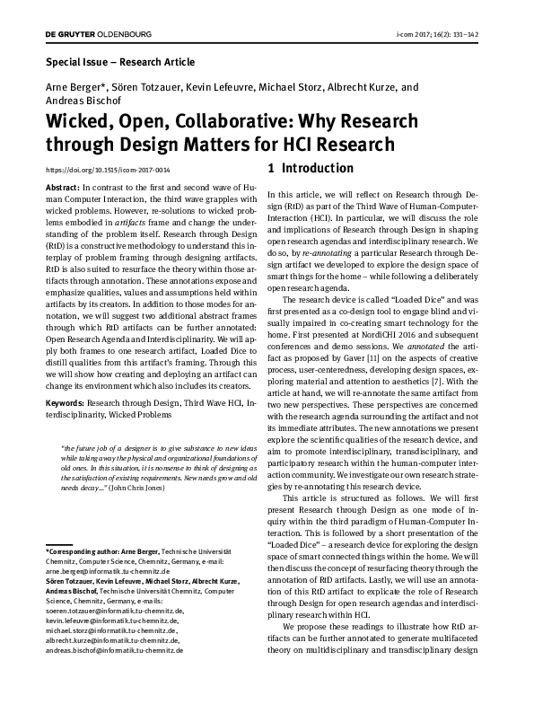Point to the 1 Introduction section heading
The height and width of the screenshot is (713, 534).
tap(311, 168)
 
